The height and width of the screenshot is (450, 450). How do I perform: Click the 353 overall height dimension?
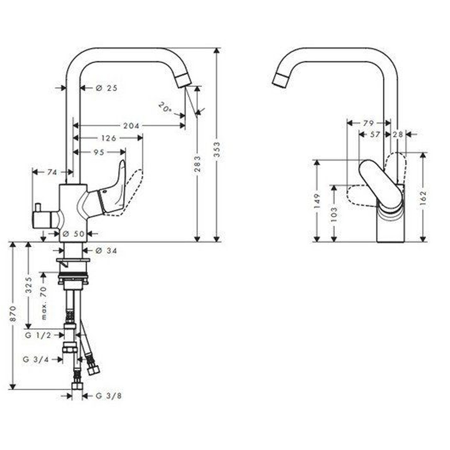click(x=217, y=149)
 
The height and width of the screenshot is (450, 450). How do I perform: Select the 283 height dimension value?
click(x=197, y=164)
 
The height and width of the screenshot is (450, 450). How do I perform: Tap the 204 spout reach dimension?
click(x=131, y=125)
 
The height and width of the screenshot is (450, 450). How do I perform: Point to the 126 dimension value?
click(x=109, y=138)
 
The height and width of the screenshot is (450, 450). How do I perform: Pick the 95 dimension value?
click(x=99, y=152)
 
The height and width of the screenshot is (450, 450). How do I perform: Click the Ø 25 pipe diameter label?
click(x=106, y=88)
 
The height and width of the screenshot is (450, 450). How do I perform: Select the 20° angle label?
click(x=165, y=107)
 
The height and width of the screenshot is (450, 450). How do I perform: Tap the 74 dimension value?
click(x=52, y=172)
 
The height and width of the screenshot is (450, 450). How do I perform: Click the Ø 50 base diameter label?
click(x=74, y=234)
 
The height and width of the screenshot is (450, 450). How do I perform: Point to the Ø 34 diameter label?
click(x=106, y=251)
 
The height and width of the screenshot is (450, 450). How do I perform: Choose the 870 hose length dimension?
click(x=13, y=314)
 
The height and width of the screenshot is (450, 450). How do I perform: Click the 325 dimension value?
click(x=29, y=285)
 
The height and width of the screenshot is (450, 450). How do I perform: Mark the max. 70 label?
click(x=44, y=303)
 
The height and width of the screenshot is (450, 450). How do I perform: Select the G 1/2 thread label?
click(x=38, y=335)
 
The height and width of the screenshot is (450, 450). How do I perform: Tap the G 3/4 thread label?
click(x=36, y=359)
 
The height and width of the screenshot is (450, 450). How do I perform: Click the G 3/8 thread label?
click(x=109, y=396)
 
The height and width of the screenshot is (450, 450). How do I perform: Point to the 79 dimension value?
click(x=368, y=123)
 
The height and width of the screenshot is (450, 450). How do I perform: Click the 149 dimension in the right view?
click(x=317, y=201)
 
